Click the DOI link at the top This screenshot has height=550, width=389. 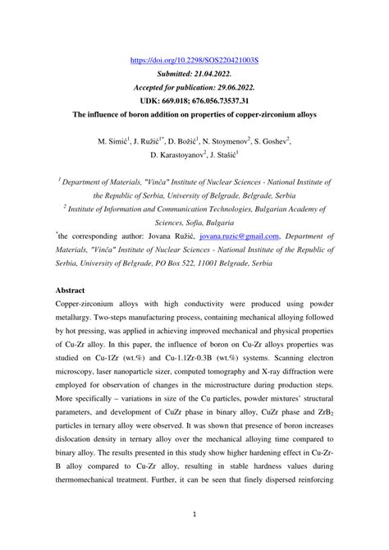(x=194, y=61)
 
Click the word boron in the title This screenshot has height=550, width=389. (x=146, y=114)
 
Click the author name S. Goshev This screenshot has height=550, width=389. (x=292, y=142)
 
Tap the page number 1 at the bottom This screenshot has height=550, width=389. (x=194, y=516)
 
